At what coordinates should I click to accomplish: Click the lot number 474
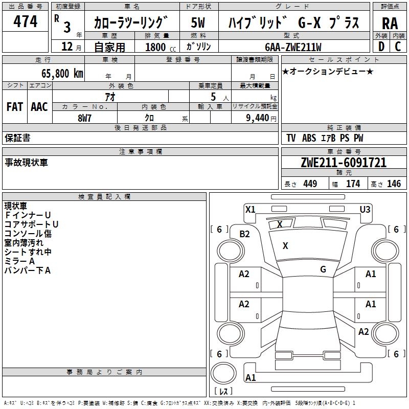tap(26, 21)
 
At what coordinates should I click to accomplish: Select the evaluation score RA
tap(390, 23)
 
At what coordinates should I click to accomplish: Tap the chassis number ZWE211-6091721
tap(344, 163)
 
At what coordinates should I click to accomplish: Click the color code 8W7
tap(85, 118)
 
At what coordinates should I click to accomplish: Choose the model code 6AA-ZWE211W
tap(293, 47)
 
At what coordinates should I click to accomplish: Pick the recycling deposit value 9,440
tap(258, 118)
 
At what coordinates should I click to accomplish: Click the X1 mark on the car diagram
tap(251, 209)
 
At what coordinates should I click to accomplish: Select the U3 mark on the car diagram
tap(365, 209)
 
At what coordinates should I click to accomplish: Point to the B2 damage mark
tap(245, 234)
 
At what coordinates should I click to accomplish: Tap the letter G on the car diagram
tap(323, 269)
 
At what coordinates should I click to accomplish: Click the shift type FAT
tap(15, 107)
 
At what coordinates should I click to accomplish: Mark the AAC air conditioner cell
tap(39, 107)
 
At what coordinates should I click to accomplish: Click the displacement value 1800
tap(155, 47)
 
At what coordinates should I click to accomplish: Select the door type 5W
tap(198, 23)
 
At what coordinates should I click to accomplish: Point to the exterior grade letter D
tap(381, 47)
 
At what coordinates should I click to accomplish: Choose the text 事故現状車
tap(26, 163)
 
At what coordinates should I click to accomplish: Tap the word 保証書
tap(17, 138)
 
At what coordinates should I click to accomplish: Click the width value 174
tap(353, 184)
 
